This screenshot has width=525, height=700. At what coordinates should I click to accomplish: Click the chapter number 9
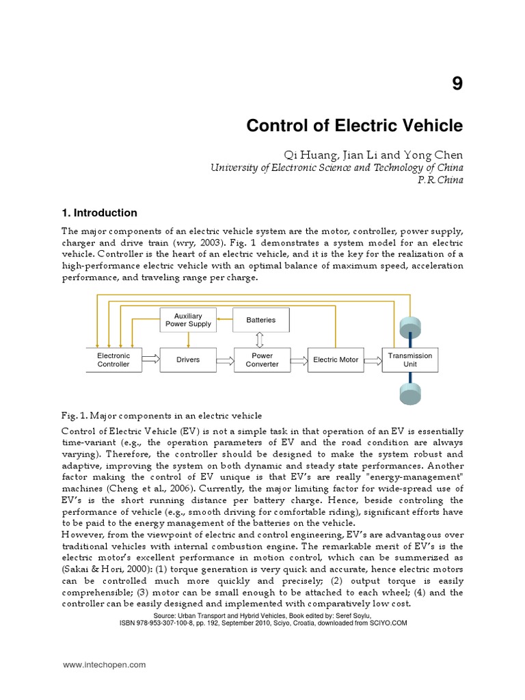pyautogui.click(x=457, y=84)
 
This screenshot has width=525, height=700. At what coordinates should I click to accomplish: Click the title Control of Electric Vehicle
pyautogui.click(x=354, y=126)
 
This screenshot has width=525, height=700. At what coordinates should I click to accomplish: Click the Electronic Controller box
pyautogui.click(x=113, y=360)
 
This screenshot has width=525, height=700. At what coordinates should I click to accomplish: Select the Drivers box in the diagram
pyautogui.click(x=188, y=360)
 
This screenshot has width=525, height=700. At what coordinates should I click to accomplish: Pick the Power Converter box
pyautogui.click(x=262, y=360)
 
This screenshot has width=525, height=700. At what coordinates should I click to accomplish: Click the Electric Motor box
pyautogui.click(x=335, y=360)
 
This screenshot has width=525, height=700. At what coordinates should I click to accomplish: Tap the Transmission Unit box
pyautogui.click(x=410, y=360)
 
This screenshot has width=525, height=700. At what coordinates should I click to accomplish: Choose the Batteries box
pyautogui.click(x=260, y=320)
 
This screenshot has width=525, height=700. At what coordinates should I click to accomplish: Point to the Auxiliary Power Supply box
pyautogui.click(x=188, y=320)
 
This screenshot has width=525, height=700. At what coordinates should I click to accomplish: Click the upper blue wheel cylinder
pyautogui.click(x=411, y=325)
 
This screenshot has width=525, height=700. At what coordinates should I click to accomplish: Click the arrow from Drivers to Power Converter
pyautogui.click(x=225, y=360)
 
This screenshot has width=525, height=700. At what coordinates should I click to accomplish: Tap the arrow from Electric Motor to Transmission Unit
pyautogui.click(x=372, y=360)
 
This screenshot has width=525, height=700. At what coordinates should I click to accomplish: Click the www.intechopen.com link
pyautogui.click(x=104, y=664)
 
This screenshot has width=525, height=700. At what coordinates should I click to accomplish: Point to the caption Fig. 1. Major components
pyautogui.click(x=161, y=416)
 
